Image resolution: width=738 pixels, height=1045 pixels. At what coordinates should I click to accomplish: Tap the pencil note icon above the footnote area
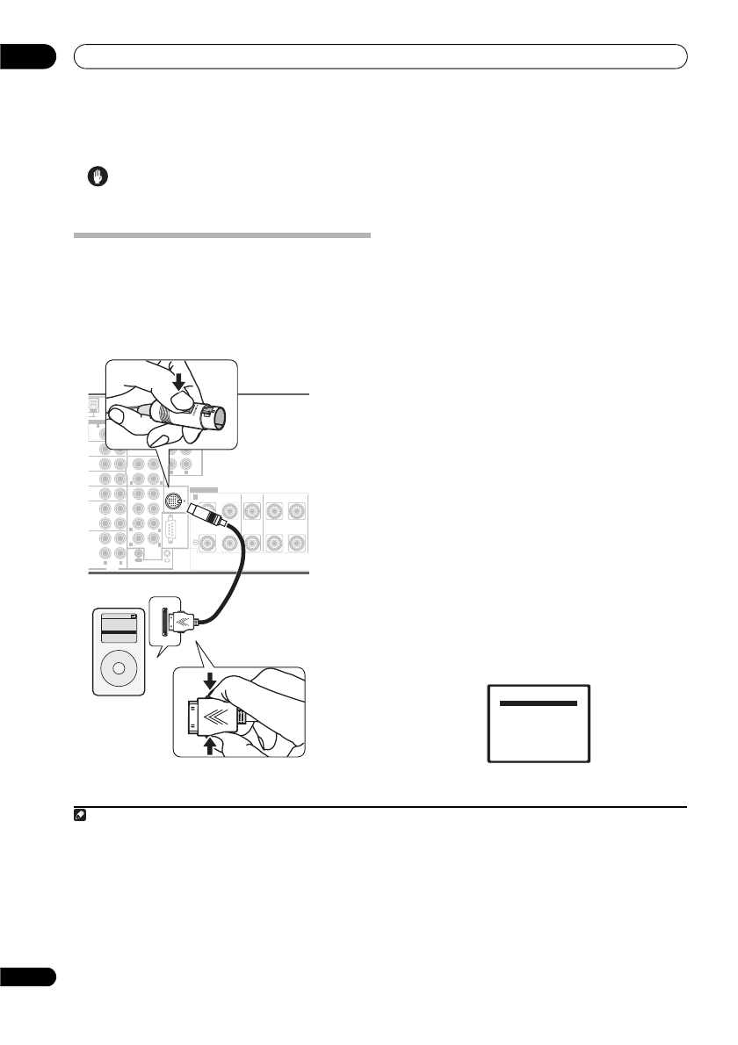pos(77,816)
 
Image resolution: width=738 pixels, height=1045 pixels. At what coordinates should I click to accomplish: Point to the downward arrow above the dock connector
pos(210,681)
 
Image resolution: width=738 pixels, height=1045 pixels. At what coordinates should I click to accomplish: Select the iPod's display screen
pos(118,630)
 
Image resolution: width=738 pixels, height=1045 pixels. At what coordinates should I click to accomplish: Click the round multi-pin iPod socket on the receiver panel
pos(174,503)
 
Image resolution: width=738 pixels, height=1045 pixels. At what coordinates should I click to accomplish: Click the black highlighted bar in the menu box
pos(539,703)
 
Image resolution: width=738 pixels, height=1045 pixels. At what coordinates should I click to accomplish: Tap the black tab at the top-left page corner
pos(27,56)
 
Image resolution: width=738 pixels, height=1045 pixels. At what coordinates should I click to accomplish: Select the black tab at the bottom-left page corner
pos(27,977)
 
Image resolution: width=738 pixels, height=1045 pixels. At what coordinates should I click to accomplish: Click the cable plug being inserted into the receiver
pos(208,519)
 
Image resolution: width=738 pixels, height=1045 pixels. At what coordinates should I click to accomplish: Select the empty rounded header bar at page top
pos(380,56)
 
